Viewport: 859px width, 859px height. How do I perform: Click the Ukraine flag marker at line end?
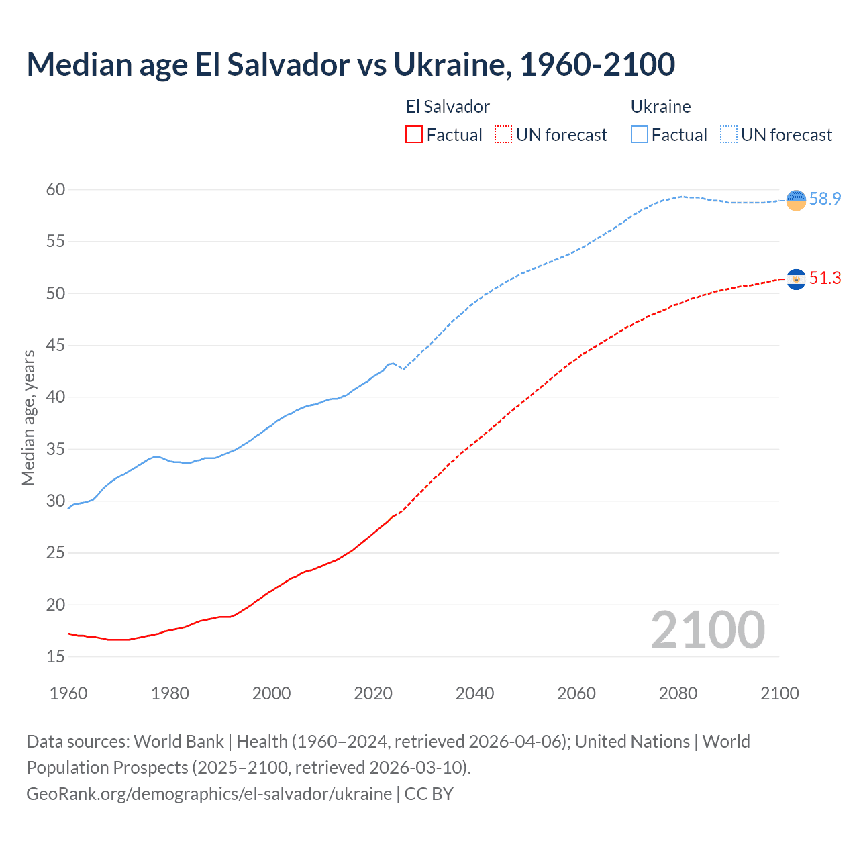click(796, 200)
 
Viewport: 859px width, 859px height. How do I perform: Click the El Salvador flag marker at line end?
click(796, 279)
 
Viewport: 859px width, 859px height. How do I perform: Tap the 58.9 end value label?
click(825, 199)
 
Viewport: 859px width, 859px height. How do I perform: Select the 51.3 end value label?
click(825, 279)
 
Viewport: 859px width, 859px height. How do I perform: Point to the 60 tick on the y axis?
click(56, 190)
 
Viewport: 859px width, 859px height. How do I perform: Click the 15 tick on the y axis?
click(56, 657)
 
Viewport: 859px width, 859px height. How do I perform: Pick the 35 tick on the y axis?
click(56, 449)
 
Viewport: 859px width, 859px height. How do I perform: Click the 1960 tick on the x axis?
click(68, 693)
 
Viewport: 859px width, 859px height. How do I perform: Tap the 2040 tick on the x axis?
click(474, 693)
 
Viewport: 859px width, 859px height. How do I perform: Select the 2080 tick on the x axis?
click(678, 693)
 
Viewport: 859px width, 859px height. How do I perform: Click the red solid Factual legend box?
click(414, 135)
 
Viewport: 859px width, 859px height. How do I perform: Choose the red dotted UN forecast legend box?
click(503, 135)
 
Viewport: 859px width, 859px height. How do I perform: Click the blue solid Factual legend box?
click(640, 135)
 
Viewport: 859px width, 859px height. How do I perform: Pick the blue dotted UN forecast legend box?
click(729, 135)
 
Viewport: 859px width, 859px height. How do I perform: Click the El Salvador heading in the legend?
click(448, 107)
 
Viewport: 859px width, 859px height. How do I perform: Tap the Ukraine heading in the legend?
click(660, 107)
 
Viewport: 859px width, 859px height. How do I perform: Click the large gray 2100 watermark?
click(707, 630)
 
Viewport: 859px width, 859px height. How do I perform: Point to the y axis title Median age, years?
click(28, 417)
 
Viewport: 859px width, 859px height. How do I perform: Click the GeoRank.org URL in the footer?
click(209, 794)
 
